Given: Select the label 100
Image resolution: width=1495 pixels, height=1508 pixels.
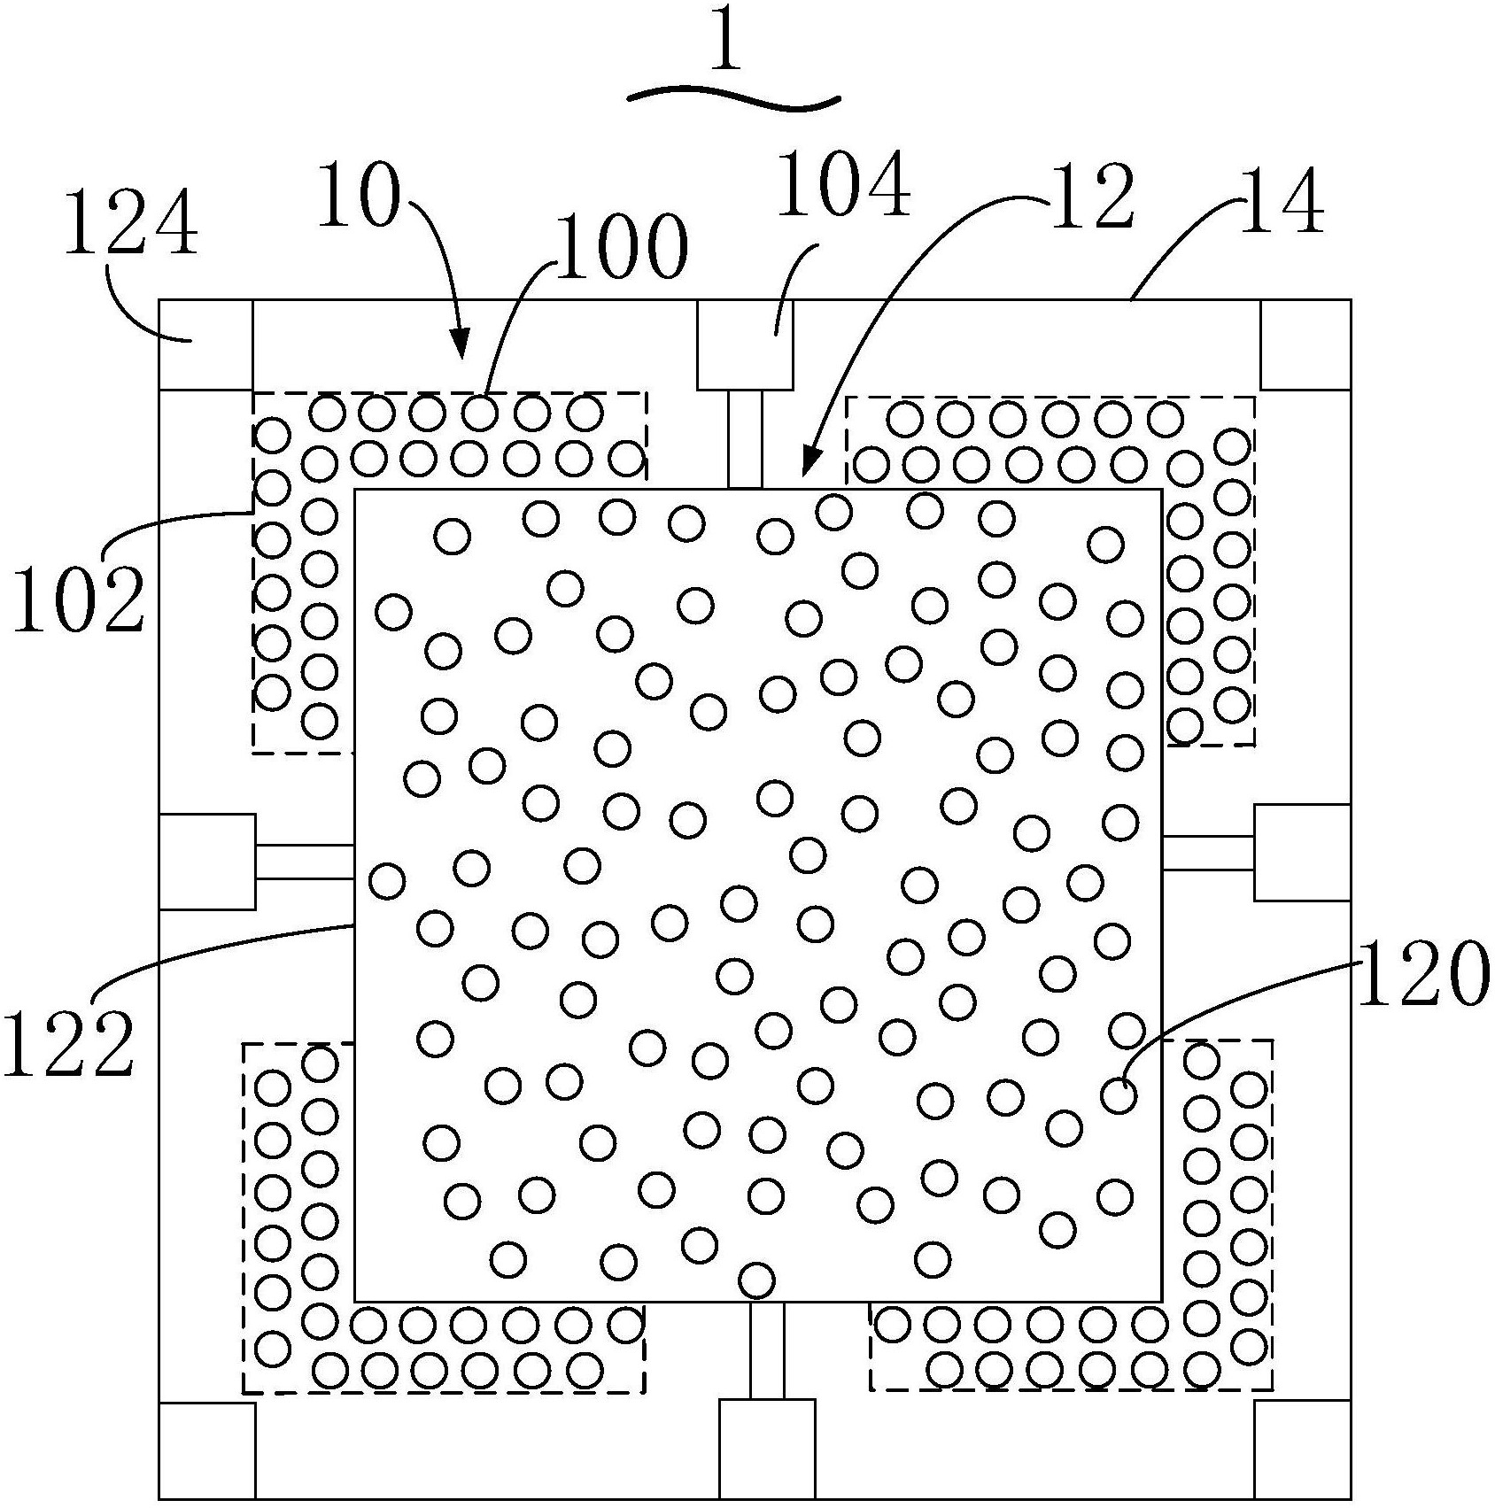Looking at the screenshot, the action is pos(622,246).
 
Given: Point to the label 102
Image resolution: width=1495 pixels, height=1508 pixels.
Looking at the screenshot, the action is pos(79,600).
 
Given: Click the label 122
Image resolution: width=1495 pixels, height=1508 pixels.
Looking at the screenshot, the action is pos(69,1044).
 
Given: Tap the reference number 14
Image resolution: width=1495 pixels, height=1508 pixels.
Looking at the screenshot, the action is pos(1282,204).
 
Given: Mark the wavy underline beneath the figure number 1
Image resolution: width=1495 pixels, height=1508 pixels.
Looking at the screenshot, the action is pos(732,99).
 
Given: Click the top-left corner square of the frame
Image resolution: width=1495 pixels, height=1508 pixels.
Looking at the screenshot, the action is pos(205,345).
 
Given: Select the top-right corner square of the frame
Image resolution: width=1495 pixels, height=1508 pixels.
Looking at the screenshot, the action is pos(1305,345).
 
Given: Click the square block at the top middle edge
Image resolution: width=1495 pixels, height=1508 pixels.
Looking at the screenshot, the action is pos(745,345).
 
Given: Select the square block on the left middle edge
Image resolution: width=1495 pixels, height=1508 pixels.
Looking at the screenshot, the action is pos(207,862).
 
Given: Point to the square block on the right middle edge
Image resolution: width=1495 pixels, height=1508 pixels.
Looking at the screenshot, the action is pos(1303,853).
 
